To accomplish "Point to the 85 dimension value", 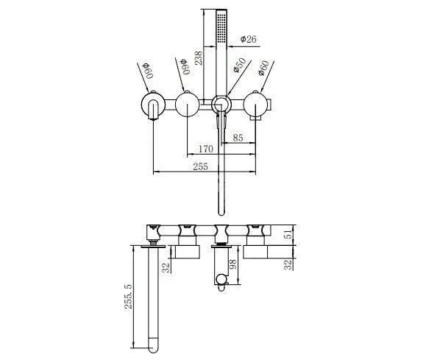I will [238, 137].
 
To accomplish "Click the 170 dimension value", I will [206, 149].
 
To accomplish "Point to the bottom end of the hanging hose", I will [218, 209].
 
